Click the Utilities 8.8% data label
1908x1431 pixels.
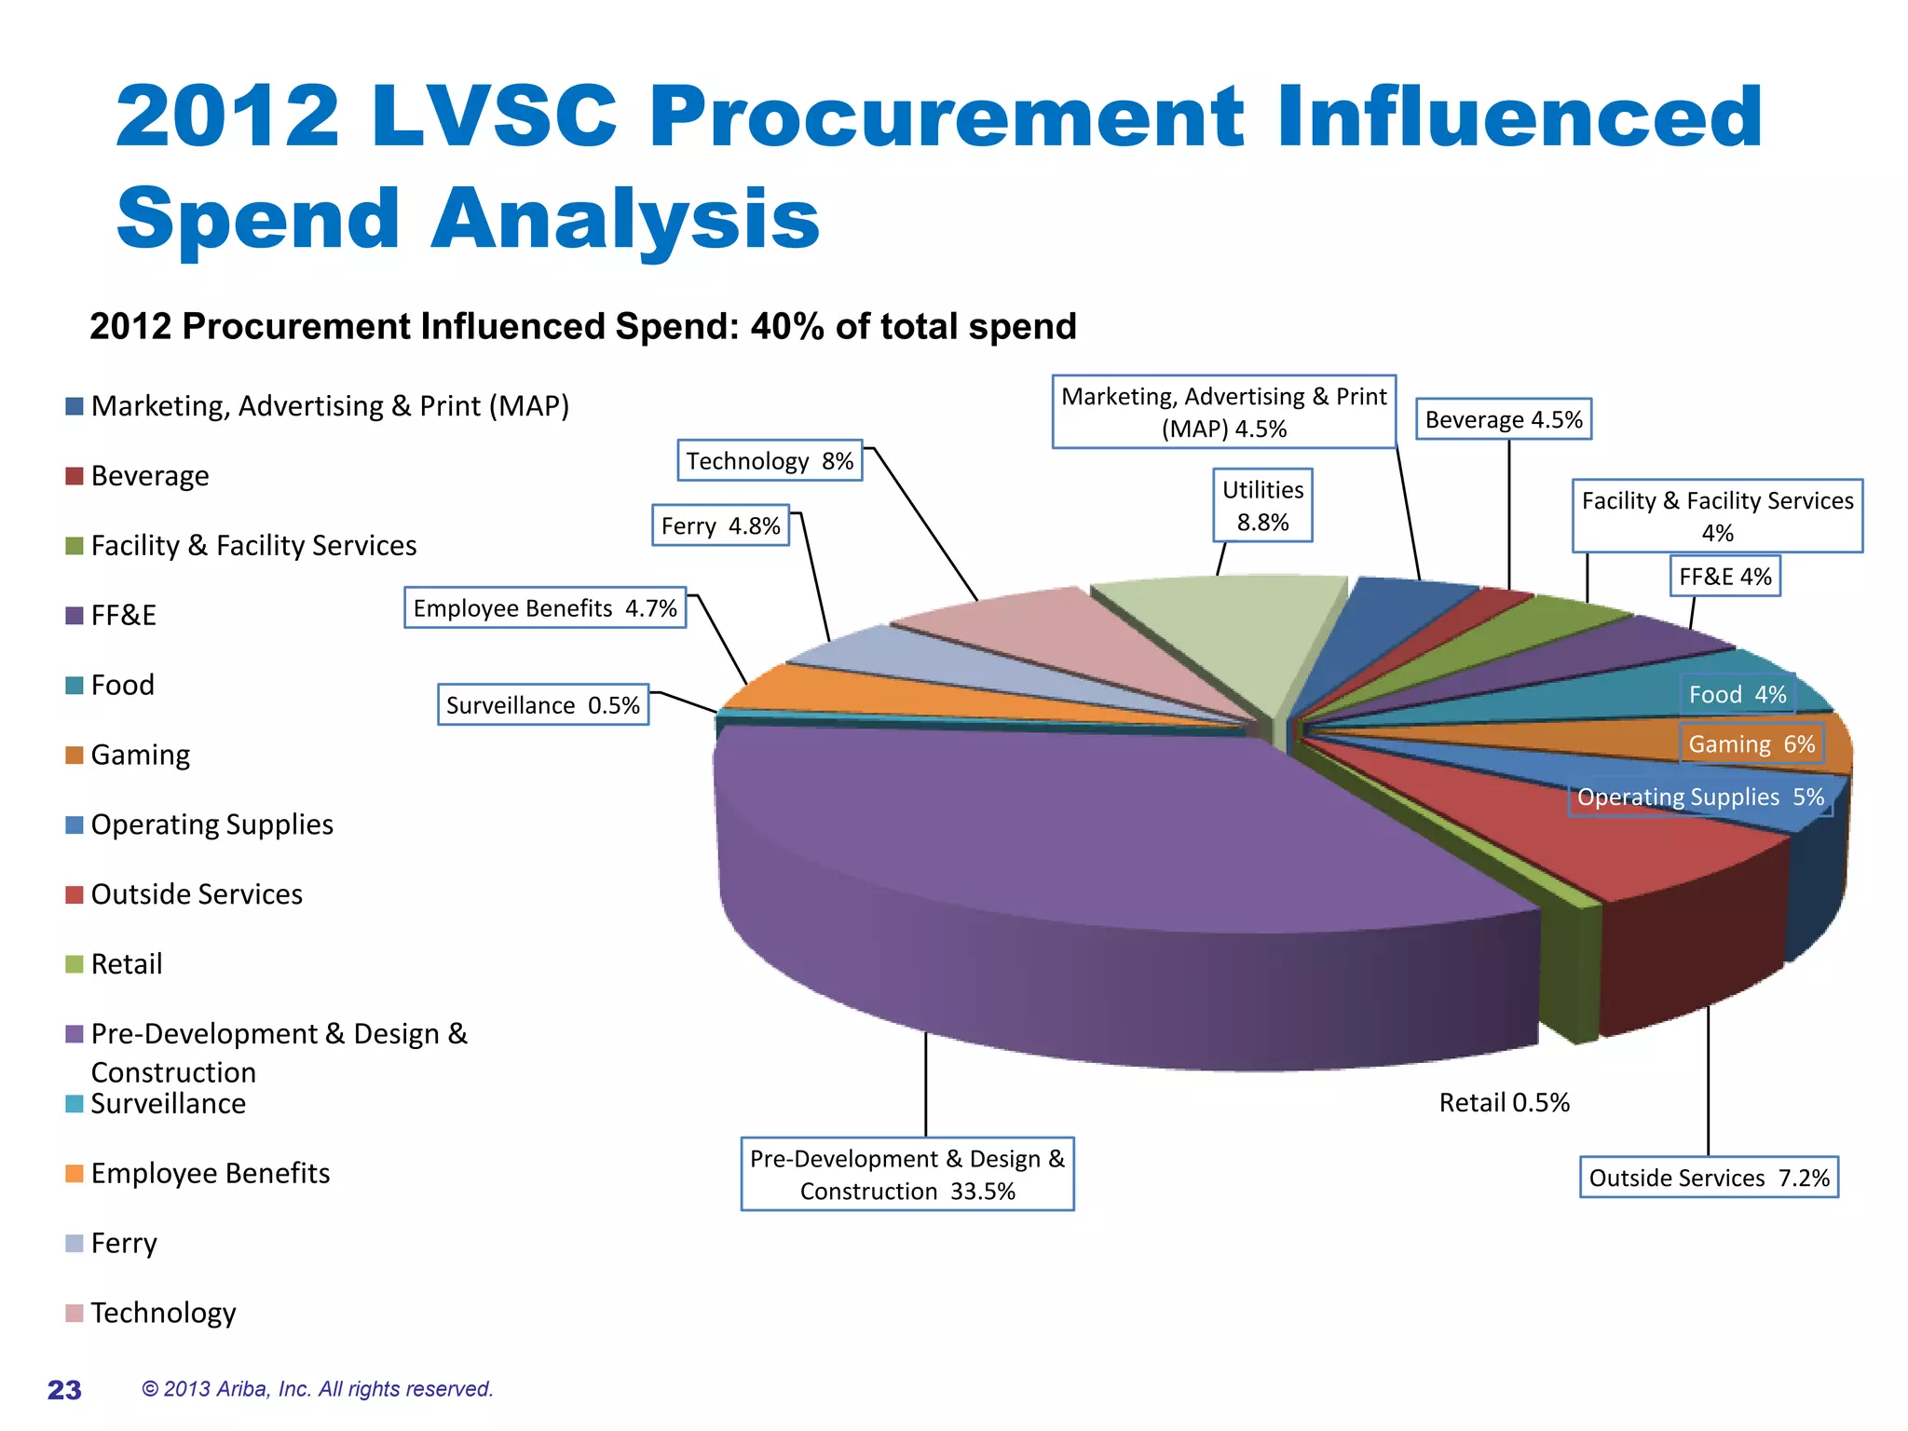[1262, 505]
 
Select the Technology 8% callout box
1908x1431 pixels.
[770, 461]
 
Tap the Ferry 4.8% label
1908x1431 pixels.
[720, 526]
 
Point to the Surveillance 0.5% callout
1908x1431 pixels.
[543, 705]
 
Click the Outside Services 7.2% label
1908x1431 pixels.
[1709, 1178]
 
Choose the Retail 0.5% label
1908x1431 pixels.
[1504, 1103]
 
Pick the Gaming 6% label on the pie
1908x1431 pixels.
[1751, 744]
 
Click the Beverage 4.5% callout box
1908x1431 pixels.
[1504, 420]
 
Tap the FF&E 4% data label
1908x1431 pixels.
[1724, 577]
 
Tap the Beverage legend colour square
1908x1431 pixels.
[75, 476]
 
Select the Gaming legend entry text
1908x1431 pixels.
[141, 755]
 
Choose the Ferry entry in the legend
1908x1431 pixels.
[124, 1243]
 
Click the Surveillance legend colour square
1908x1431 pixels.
[75, 1104]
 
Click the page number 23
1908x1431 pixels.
[64, 1390]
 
